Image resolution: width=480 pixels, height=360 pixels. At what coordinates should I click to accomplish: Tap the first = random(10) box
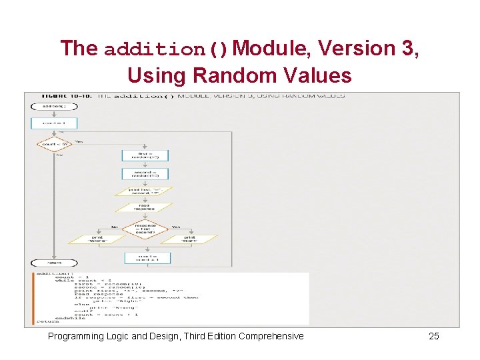pyautogui.click(x=145, y=155)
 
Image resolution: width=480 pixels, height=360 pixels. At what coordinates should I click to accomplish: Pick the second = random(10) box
pyautogui.click(x=145, y=173)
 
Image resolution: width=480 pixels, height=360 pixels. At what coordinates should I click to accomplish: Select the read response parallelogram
pyautogui.click(x=145, y=207)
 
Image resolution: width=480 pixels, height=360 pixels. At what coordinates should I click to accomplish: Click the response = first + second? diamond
pyautogui.click(x=145, y=229)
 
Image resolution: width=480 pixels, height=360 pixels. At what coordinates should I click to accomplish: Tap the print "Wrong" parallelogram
pyautogui.click(x=97, y=239)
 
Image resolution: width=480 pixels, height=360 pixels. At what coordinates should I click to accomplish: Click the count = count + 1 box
pyautogui.click(x=145, y=257)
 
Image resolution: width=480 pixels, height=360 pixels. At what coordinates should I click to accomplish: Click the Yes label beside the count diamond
pyautogui.click(x=79, y=141)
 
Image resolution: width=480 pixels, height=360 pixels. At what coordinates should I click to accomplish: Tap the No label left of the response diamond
pyautogui.click(x=115, y=227)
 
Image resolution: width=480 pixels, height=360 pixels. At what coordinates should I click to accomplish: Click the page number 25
pyautogui.click(x=433, y=336)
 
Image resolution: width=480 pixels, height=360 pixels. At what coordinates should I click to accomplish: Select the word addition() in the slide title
pyautogui.click(x=167, y=49)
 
